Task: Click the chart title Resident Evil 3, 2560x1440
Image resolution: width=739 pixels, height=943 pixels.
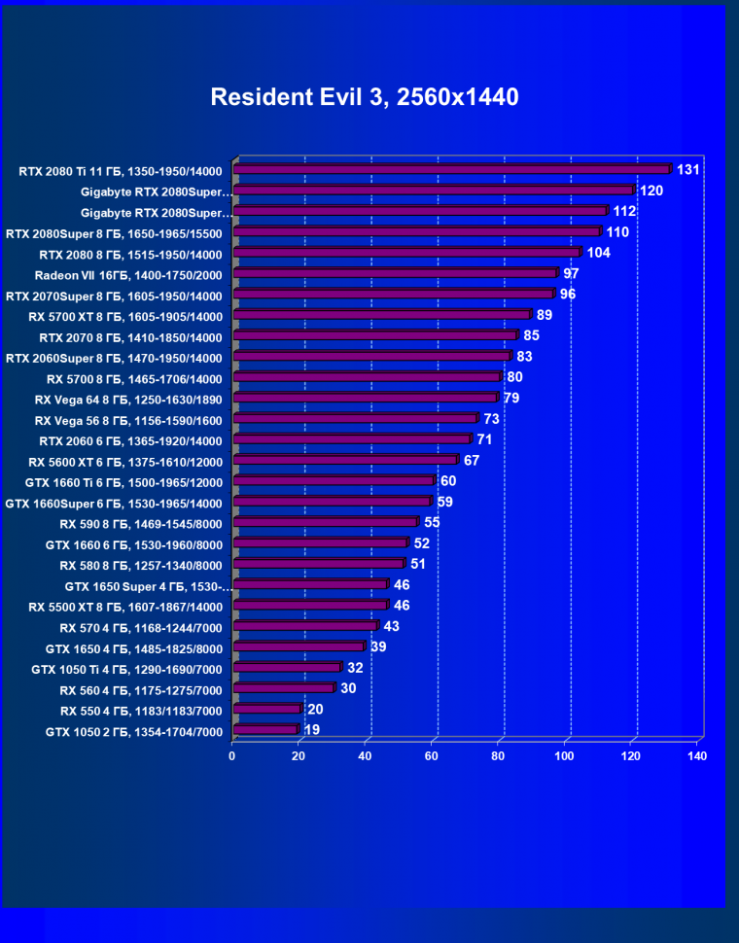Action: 365,97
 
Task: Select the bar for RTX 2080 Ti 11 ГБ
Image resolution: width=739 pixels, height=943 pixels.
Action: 452,169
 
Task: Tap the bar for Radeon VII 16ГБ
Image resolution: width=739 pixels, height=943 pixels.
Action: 396,273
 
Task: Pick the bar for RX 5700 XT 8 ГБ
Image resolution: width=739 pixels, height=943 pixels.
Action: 382,315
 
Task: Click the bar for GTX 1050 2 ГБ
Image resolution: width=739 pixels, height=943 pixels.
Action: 265,729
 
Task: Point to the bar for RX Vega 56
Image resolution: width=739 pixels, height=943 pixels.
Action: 356,418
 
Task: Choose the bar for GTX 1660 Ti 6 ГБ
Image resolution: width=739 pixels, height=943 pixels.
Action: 334,480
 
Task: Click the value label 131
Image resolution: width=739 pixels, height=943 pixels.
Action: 688,170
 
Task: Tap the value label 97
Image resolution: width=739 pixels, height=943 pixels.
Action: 571,273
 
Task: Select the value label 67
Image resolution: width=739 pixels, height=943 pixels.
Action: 472,460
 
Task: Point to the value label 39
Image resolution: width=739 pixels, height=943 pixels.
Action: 378,646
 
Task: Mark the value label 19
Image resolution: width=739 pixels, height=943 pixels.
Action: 312,729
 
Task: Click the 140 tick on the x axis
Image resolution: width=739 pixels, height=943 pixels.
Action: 696,755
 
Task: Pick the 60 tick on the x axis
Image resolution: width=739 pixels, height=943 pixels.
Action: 432,755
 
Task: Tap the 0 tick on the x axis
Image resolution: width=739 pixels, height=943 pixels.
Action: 232,755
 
